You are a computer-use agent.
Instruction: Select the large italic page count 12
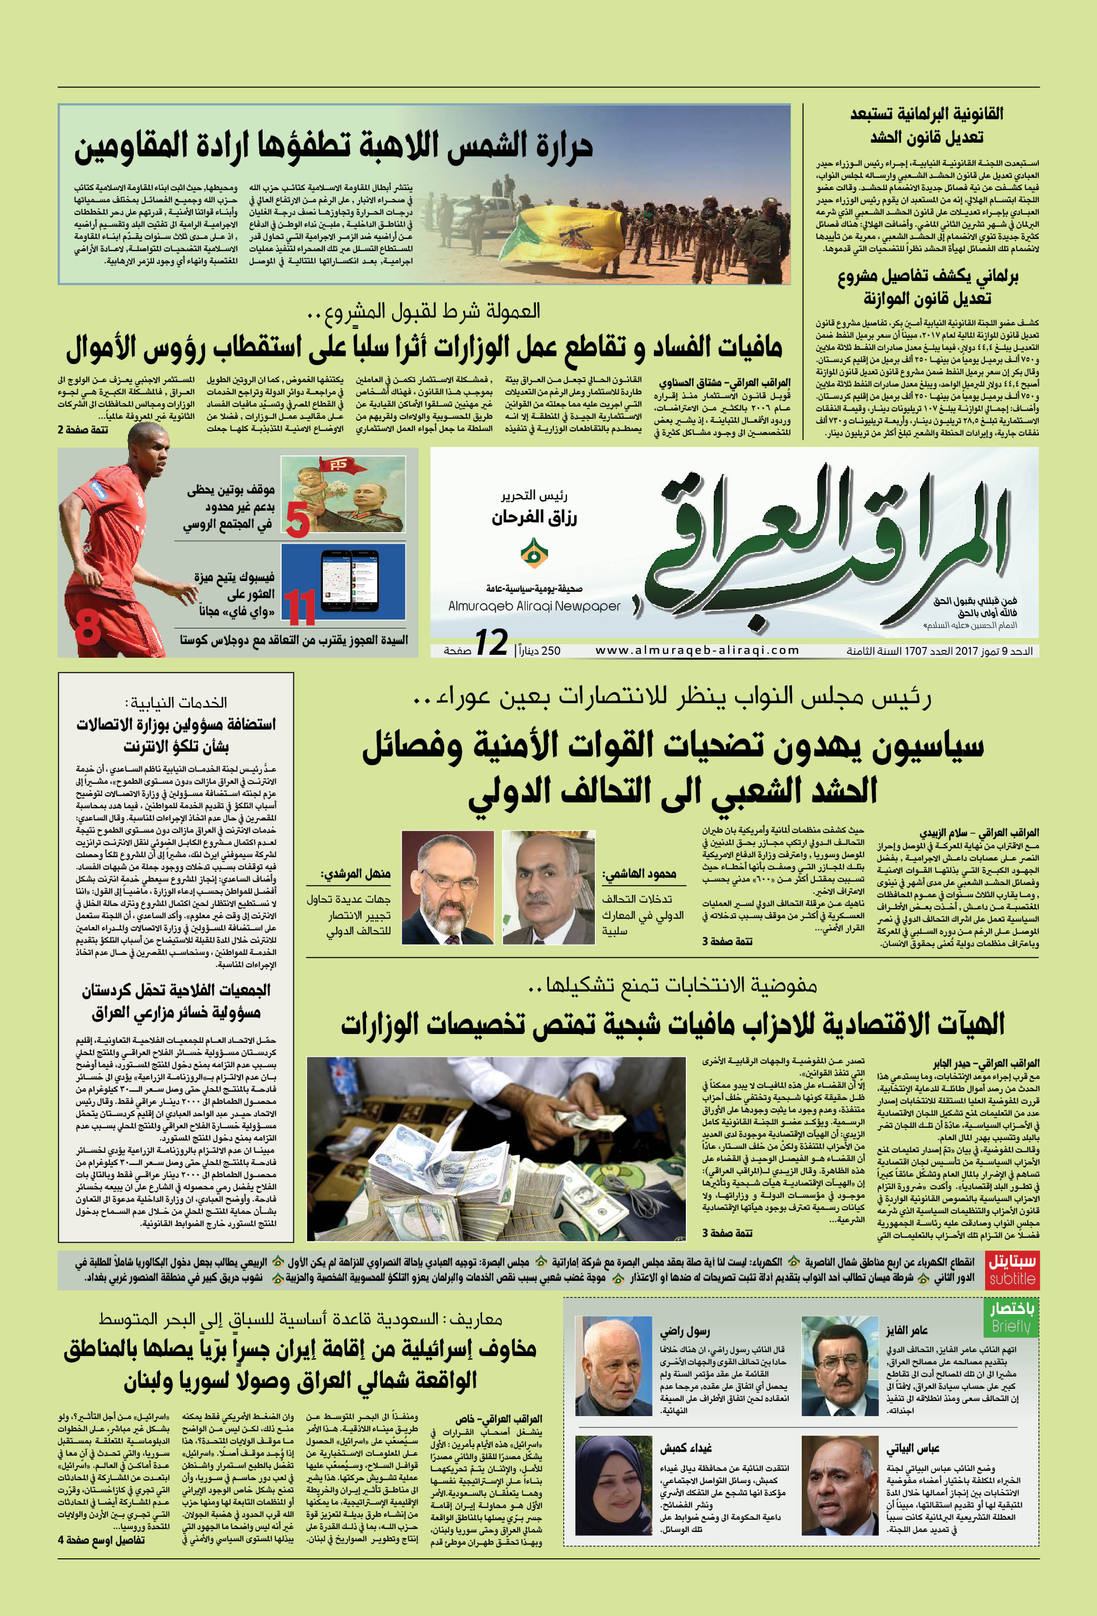[x=491, y=643]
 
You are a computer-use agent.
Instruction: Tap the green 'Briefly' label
[x=1011, y=1318]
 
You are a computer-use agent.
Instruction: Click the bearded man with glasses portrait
[x=447, y=886]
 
